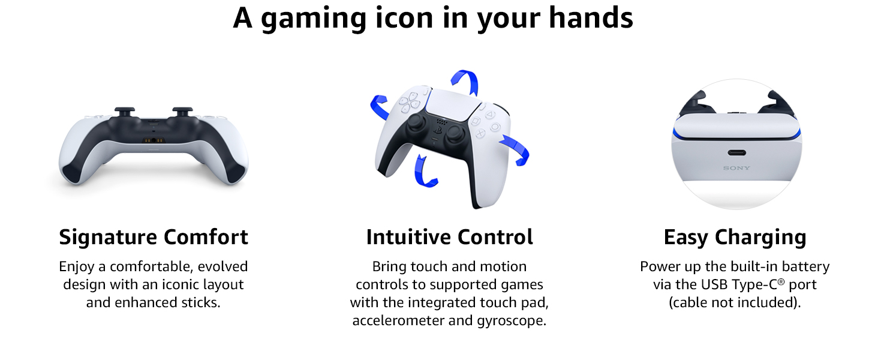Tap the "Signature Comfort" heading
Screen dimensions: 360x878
tap(154, 237)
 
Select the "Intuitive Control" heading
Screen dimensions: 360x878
tap(449, 237)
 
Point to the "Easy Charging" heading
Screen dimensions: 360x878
tap(735, 238)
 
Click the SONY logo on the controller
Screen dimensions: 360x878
tap(736, 168)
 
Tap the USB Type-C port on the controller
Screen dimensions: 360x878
tap(736, 153)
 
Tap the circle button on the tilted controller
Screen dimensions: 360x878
tap(495, 127)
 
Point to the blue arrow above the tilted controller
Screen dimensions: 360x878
tap(465, 80)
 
